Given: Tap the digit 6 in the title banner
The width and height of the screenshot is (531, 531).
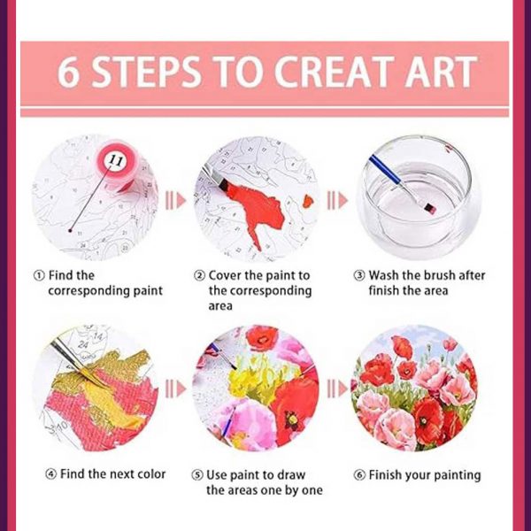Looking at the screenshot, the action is (x=68, y=72).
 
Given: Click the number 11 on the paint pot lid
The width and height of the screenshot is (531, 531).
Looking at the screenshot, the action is (x=116, y=160).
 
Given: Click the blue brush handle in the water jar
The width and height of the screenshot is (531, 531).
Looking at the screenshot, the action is (x=386, y=170).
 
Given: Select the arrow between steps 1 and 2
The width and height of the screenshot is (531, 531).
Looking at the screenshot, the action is (x=175, y=201).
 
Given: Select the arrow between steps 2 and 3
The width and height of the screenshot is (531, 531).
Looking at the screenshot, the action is (x=337, y=201).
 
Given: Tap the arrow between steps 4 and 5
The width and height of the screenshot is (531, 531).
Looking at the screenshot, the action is (x=175, y=389).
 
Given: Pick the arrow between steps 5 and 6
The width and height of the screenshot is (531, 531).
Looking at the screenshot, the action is (x=337, y=389).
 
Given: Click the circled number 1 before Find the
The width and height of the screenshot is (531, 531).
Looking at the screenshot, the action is (x=39, y=275).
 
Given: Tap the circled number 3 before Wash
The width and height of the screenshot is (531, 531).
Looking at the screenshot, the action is (x=359, y=275).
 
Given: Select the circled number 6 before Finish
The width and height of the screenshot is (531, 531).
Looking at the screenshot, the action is (x=359, y=475).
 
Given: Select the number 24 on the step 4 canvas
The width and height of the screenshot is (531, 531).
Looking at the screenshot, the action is (x=83, y=345).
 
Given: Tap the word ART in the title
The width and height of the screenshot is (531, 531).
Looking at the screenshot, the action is (x=441, y=72).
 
